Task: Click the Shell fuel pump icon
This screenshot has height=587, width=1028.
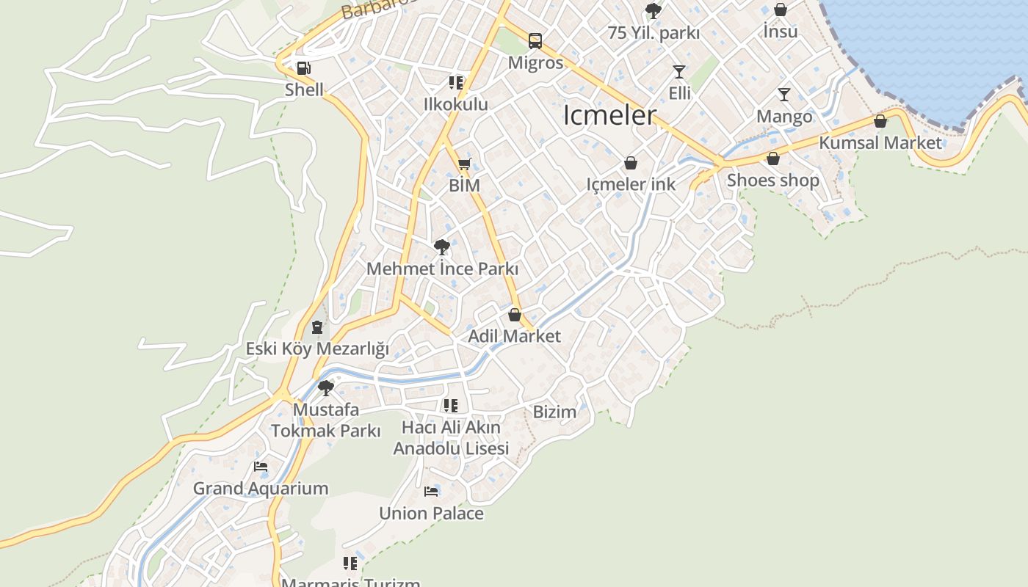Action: click(303, 69)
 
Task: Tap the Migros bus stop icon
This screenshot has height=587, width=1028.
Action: click(535, 41)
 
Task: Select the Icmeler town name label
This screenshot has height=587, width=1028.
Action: click(609, 115)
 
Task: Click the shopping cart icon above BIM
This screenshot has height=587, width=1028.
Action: click(464, 164)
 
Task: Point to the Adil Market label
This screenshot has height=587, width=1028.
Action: click(514, 336)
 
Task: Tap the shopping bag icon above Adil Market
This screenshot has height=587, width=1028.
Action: click(515, 315)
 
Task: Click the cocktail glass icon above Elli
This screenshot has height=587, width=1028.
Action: click(679, 72)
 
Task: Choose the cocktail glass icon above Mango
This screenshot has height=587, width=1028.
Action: click(784, 95)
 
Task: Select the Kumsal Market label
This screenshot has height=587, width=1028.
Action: click(880, 142)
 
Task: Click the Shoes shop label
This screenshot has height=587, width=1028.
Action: click(772, 180)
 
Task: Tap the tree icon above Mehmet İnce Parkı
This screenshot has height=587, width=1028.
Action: click(442, 247)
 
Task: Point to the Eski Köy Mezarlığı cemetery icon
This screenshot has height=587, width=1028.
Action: click(317, 327)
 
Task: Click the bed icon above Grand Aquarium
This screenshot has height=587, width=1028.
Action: click(261, 466)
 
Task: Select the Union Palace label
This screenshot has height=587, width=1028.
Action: click(431, 513)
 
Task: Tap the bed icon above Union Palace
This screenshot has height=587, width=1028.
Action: click(431, 491)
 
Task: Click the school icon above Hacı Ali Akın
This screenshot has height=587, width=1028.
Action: click(451, 405)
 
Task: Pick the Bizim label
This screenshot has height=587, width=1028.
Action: click(554, 412)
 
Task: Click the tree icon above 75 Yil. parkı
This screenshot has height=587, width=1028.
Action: click(653, 11)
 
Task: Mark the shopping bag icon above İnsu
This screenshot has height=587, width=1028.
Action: click(781, 10)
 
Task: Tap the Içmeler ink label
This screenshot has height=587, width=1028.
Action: click(631, 184)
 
